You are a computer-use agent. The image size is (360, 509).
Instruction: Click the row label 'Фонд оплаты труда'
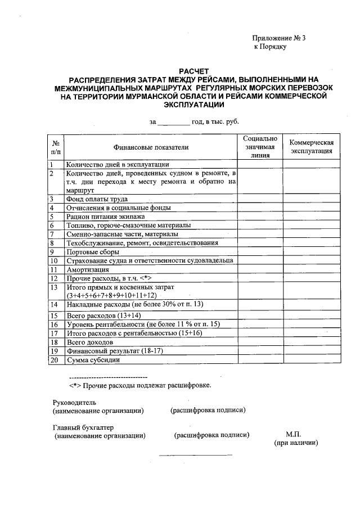click(x=97, y=199)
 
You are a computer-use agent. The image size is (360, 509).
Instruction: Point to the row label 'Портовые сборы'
click(x=93, y=252)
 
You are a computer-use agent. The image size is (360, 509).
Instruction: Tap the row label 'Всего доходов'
click(x=90, y=342)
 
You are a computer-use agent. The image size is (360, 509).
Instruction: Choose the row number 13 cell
click(x=55, y=291)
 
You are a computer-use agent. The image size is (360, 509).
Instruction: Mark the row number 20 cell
click(x=55, y=360)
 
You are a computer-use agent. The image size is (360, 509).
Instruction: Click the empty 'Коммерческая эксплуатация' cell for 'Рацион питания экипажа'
click(x=312, y=217)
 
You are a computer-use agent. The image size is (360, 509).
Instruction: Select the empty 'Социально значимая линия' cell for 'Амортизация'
click(x=260, y=269)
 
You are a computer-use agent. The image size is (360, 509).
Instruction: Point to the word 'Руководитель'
click(x=74, y=402)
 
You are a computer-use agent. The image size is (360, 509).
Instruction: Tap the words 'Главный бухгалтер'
click(x=83, y=427)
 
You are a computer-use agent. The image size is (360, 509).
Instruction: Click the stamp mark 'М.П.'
click(x=294, y=434)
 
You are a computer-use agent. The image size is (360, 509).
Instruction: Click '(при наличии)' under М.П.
click(x=296, y=443)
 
